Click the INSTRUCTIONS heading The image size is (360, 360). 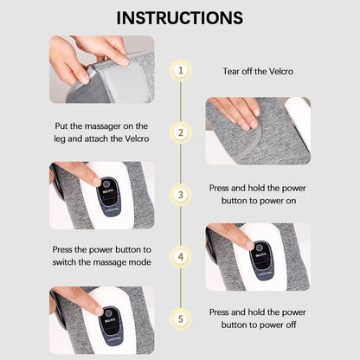(180, 17)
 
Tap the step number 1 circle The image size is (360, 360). (180, 70)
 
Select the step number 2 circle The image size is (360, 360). (180, 132)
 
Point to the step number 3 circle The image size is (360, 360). (180, 195)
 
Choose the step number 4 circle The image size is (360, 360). (180, 257)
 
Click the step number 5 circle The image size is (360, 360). (180, 318)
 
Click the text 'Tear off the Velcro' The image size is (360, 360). (257, 71)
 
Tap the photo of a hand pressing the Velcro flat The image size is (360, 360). (257, 129)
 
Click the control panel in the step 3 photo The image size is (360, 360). (109, 196)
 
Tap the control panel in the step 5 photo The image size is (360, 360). (109, 320)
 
